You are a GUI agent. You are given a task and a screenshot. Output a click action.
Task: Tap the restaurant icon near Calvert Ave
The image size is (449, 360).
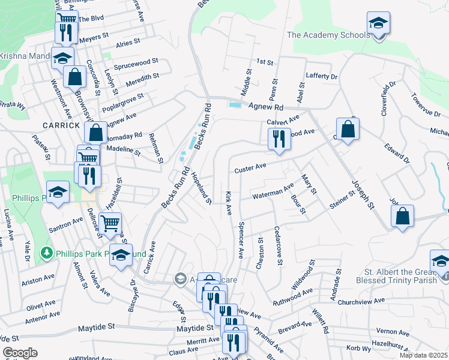[x=279, y=139]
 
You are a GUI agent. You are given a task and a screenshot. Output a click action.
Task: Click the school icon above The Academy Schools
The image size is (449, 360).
[x=378, y=25]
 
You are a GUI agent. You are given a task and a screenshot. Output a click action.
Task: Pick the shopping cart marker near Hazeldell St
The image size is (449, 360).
[x=110, y=224]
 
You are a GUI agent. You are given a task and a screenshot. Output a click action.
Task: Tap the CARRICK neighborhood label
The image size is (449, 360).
[x=61, y=125]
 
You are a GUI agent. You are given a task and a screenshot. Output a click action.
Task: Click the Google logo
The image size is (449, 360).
[x=20, y=353]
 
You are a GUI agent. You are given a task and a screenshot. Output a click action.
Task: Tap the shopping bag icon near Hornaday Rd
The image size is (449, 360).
[x=95, y=133]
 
